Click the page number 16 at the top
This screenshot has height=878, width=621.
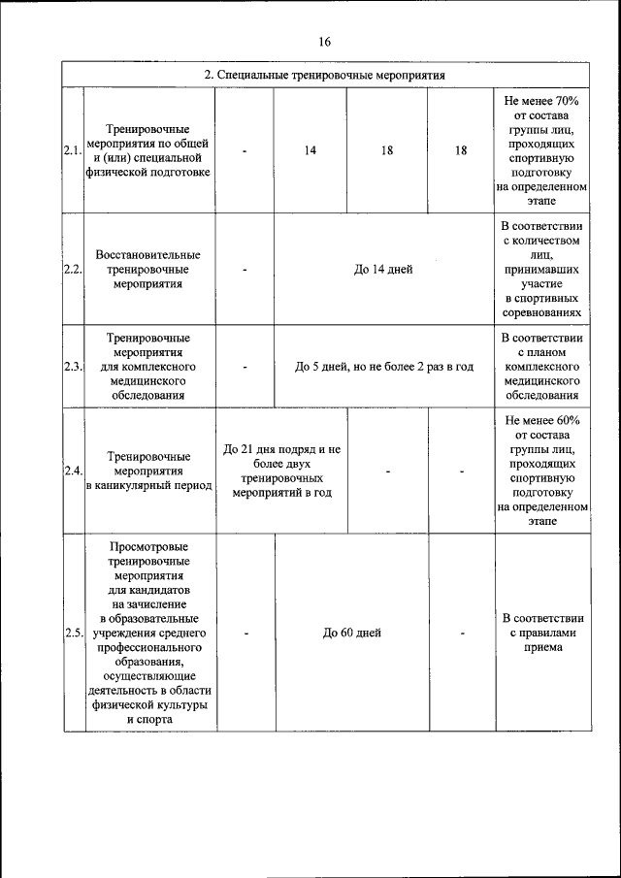324,41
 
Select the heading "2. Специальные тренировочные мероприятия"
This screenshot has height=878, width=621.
324,75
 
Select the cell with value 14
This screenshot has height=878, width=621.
310,150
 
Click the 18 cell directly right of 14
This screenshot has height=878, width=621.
386,150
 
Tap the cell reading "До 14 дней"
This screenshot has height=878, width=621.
382,270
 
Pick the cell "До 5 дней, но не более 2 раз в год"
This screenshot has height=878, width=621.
383,368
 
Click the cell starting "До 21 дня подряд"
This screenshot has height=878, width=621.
281,472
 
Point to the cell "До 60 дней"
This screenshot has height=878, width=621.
351,633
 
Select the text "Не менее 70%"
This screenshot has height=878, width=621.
541,101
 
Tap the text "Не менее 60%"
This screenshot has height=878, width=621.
541,421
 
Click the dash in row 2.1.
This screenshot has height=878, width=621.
245,151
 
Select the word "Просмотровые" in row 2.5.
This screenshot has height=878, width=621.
148,548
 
